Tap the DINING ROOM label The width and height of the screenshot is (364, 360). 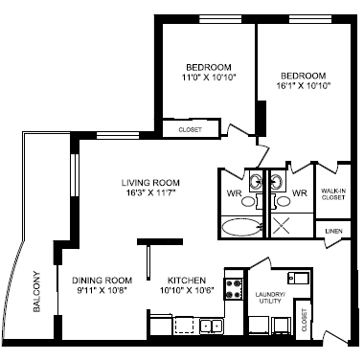pyautogui.click(x=102, y=281)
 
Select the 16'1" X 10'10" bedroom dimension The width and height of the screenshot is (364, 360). pyautogui.click(x=305, y=85)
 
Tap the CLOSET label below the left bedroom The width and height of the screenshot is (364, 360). pyautogui.click(x=191, y=129)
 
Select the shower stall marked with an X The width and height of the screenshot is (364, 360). pyautogui.click(x=284, y=225)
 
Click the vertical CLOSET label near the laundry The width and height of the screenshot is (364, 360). pyautogui.click(x=304, y=323)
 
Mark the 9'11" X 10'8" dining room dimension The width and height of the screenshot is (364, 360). pyautogui.click(x=102, y=292)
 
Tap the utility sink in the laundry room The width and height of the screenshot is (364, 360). pyautogui.click(x=299, y=281)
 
